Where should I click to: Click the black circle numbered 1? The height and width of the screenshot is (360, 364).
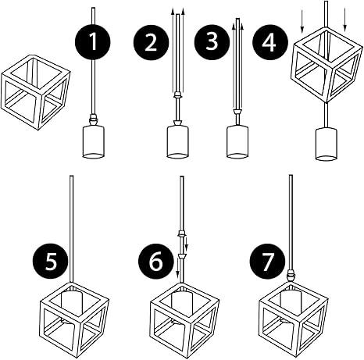(93, 42)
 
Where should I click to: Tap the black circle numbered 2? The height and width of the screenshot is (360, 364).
(151, 42)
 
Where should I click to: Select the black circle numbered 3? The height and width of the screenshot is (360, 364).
(212, 42)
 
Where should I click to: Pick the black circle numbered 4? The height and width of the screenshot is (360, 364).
(270, 42)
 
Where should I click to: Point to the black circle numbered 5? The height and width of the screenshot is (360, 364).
(51, 262)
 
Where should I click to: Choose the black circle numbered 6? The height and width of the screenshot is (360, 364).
(156, 262)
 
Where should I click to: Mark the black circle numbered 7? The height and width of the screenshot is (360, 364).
(267, 262)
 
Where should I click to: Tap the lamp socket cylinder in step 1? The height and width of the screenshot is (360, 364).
(94, 142)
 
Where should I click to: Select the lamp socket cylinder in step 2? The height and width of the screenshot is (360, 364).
(177, 142)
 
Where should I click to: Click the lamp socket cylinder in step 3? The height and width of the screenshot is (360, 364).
(237, 142)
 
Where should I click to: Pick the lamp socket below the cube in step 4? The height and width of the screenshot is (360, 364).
(327, 144)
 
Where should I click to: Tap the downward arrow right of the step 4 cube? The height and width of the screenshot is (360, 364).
(345, 20)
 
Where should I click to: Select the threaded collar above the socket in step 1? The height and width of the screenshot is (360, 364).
(93, 119)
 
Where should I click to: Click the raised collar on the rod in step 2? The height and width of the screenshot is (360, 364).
(177, 94)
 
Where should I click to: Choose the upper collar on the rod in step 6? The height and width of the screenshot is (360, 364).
(182, 233)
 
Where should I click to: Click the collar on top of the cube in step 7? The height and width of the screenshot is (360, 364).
(291, 276)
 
